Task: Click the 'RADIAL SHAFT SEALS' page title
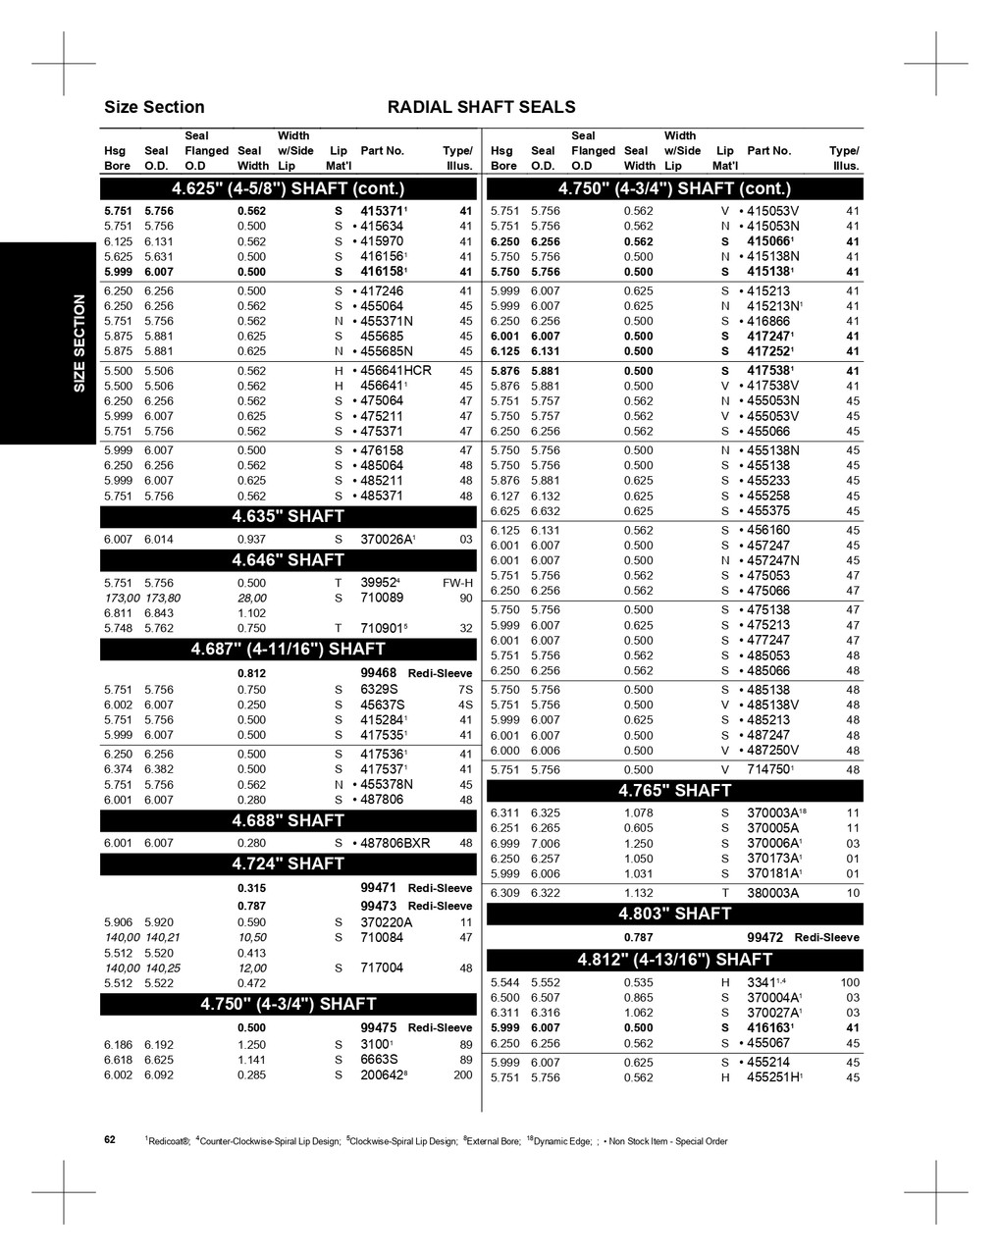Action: point(482,107)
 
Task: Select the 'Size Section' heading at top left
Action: point(154,107)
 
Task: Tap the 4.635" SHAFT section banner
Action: point(288,516)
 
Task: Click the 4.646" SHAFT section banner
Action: point(288,560)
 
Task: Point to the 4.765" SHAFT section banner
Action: point(674,791)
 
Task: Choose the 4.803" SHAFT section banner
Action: point(674,914)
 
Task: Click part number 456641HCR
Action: point(395,371)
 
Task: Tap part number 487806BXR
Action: point(395,843)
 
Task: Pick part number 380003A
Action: point(772,893)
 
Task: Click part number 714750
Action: point(769,770)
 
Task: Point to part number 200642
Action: point(384,1075)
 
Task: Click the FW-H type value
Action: point(457,583)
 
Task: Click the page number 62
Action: point(110,1140)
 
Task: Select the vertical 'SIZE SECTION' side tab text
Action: point(79,343)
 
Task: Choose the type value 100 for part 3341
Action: point(850,982)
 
